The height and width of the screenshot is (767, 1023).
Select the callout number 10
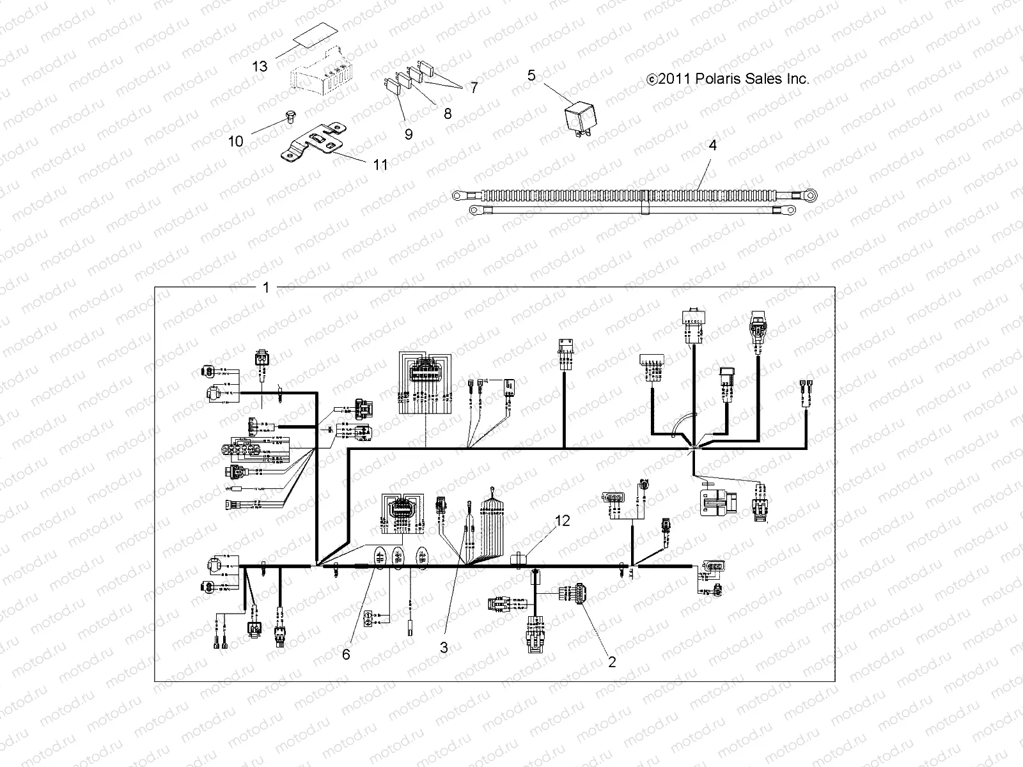(236, 141)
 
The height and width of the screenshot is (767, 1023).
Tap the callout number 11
(380, 165)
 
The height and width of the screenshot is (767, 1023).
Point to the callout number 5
(531, 75)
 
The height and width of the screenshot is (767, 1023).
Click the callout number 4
(712, 145)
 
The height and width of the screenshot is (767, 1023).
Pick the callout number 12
(562, 521)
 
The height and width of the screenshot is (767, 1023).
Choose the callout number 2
(612, 662)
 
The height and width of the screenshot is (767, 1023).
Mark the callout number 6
(346, 655)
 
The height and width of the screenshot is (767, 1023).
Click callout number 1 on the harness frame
(266, 288)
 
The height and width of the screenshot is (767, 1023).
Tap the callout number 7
(474, 88)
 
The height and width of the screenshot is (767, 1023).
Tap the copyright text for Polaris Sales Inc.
(728, 79)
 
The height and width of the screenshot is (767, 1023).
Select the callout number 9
(408, 134)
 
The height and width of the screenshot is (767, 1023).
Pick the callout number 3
(443, 647)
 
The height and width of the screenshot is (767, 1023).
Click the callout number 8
(448, 114)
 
